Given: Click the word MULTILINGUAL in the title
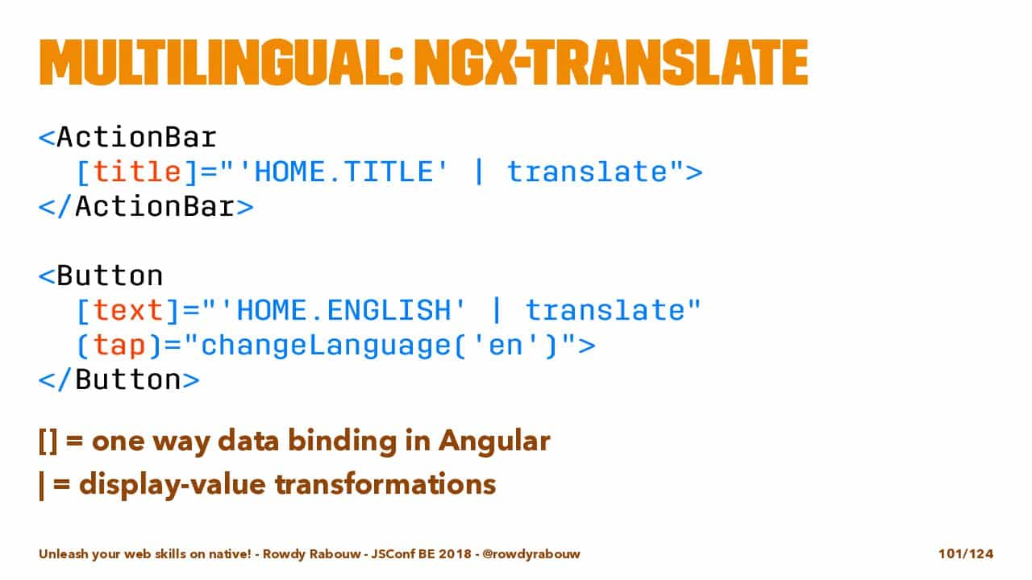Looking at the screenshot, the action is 220,63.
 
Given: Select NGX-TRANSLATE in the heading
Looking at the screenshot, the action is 611,63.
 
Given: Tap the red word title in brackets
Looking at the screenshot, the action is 137,172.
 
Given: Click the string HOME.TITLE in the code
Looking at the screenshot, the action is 343,172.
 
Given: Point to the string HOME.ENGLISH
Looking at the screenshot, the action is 343,310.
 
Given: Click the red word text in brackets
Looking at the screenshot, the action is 128,310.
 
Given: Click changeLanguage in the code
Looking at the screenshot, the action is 326,346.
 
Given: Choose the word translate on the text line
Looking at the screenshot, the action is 605,310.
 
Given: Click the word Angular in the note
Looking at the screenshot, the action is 494,441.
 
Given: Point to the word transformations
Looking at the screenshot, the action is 385,484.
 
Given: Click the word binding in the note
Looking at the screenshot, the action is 343,441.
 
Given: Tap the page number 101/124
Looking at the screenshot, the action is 966,553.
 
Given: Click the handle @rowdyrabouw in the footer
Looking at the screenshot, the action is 531,554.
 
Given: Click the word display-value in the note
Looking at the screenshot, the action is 173,485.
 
